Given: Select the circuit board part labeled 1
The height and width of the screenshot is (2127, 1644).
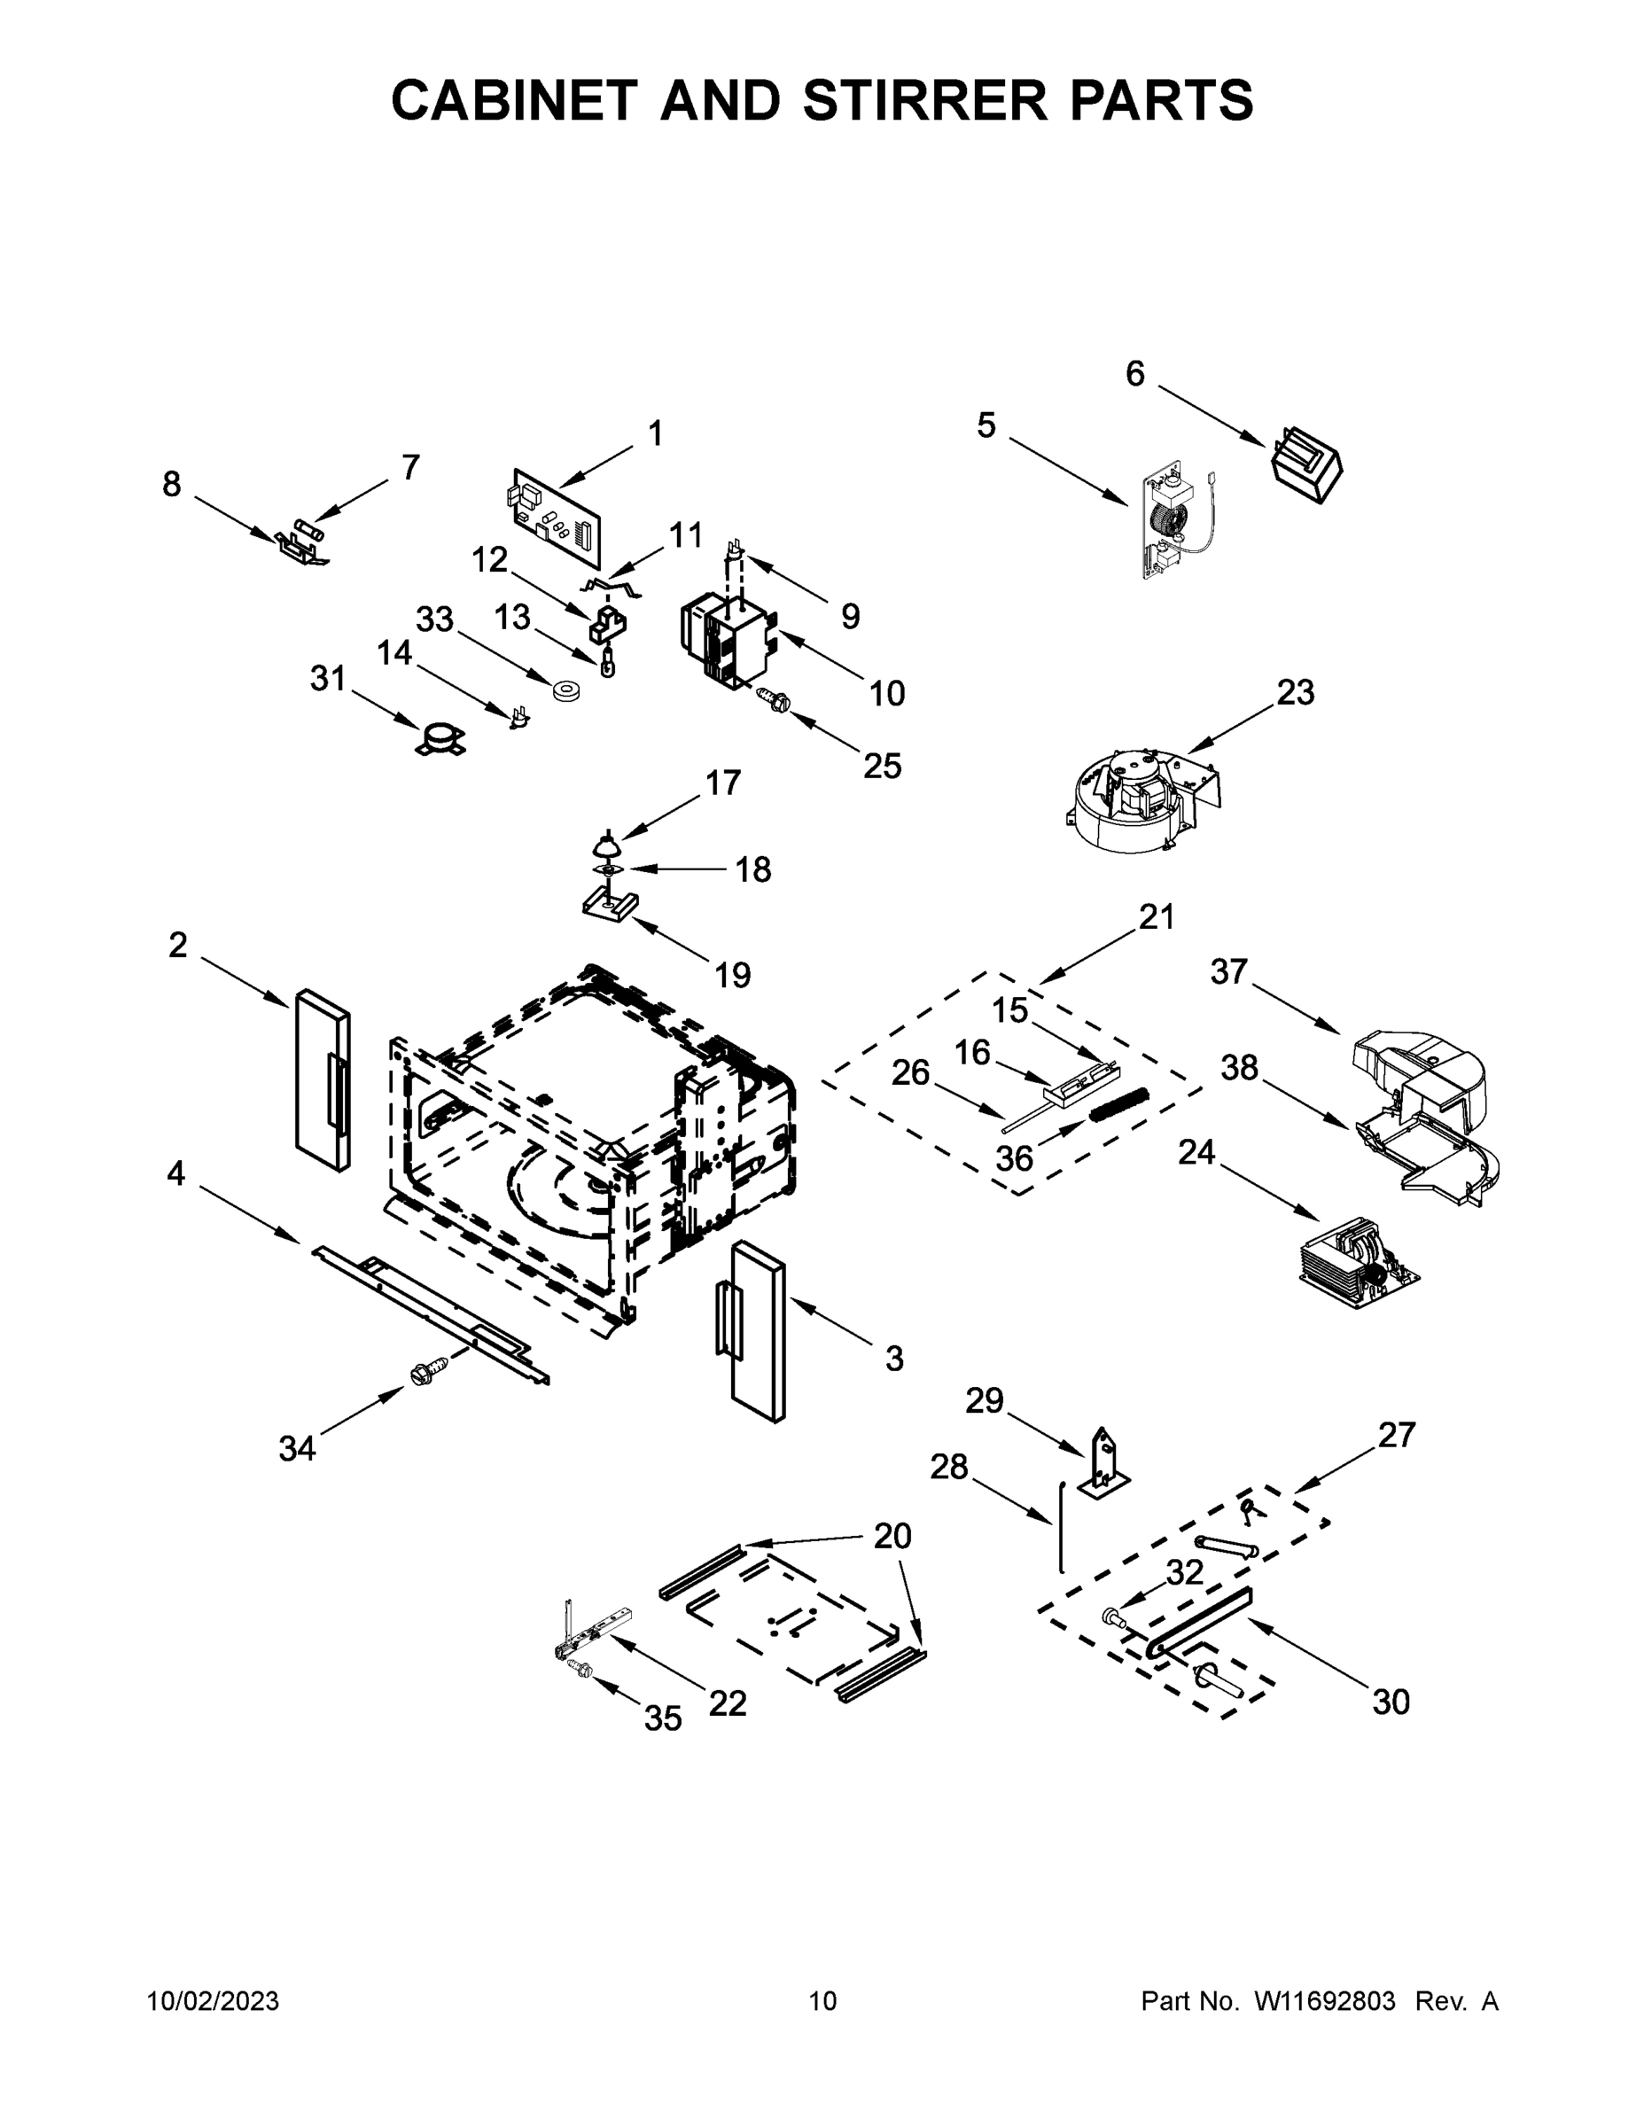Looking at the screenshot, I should pos(556,518).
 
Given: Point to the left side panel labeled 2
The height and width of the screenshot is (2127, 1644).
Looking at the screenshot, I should pos(323,1080).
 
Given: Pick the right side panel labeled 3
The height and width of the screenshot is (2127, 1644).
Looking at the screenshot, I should pos(758,1331).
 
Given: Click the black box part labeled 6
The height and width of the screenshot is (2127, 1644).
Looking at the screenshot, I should pos(1306,465).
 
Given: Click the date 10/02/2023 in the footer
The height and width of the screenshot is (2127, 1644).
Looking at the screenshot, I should pos(213,2000).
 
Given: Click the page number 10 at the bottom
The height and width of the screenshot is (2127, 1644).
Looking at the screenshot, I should pos(822,2000).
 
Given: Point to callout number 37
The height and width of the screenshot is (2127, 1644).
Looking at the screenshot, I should pos(1228,971).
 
